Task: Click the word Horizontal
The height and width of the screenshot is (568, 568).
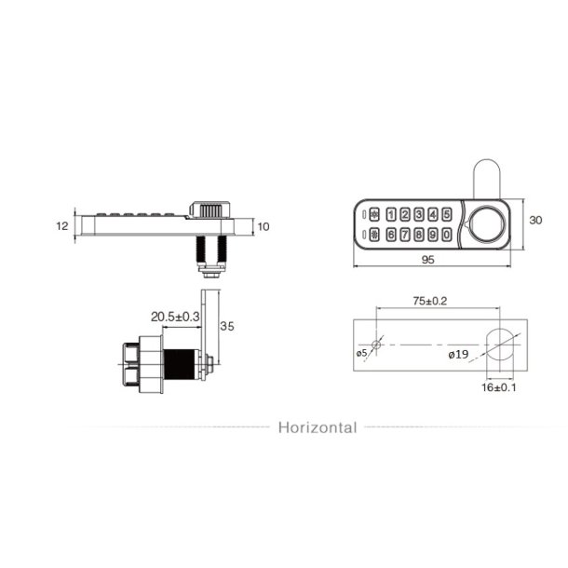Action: tap(317, 428)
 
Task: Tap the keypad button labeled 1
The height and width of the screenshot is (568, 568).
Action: tap(391, 215)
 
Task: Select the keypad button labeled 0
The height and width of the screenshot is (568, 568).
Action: tap(447, 235)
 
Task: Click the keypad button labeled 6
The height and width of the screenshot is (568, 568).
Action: tap(391, 235)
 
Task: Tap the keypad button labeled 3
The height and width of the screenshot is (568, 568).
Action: tap(419, 215)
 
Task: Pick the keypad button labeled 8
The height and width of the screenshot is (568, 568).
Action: tap(419, 235)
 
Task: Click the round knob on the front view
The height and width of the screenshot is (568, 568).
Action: tap(486, 224)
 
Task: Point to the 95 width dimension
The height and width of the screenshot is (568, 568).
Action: tap(427, 262)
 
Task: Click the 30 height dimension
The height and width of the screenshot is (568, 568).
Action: tap(534, 221)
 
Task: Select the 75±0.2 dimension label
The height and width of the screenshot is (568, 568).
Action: tap(430, 302)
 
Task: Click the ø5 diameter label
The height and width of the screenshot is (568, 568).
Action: tap(361, 354)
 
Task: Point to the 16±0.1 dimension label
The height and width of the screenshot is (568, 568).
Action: tap(501, 387)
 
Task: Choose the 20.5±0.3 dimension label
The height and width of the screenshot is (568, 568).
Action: tap(176, 318)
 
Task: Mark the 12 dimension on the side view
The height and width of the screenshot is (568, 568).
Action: tap(62, 226)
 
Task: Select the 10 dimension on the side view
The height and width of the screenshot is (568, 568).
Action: tap(263, 226)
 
